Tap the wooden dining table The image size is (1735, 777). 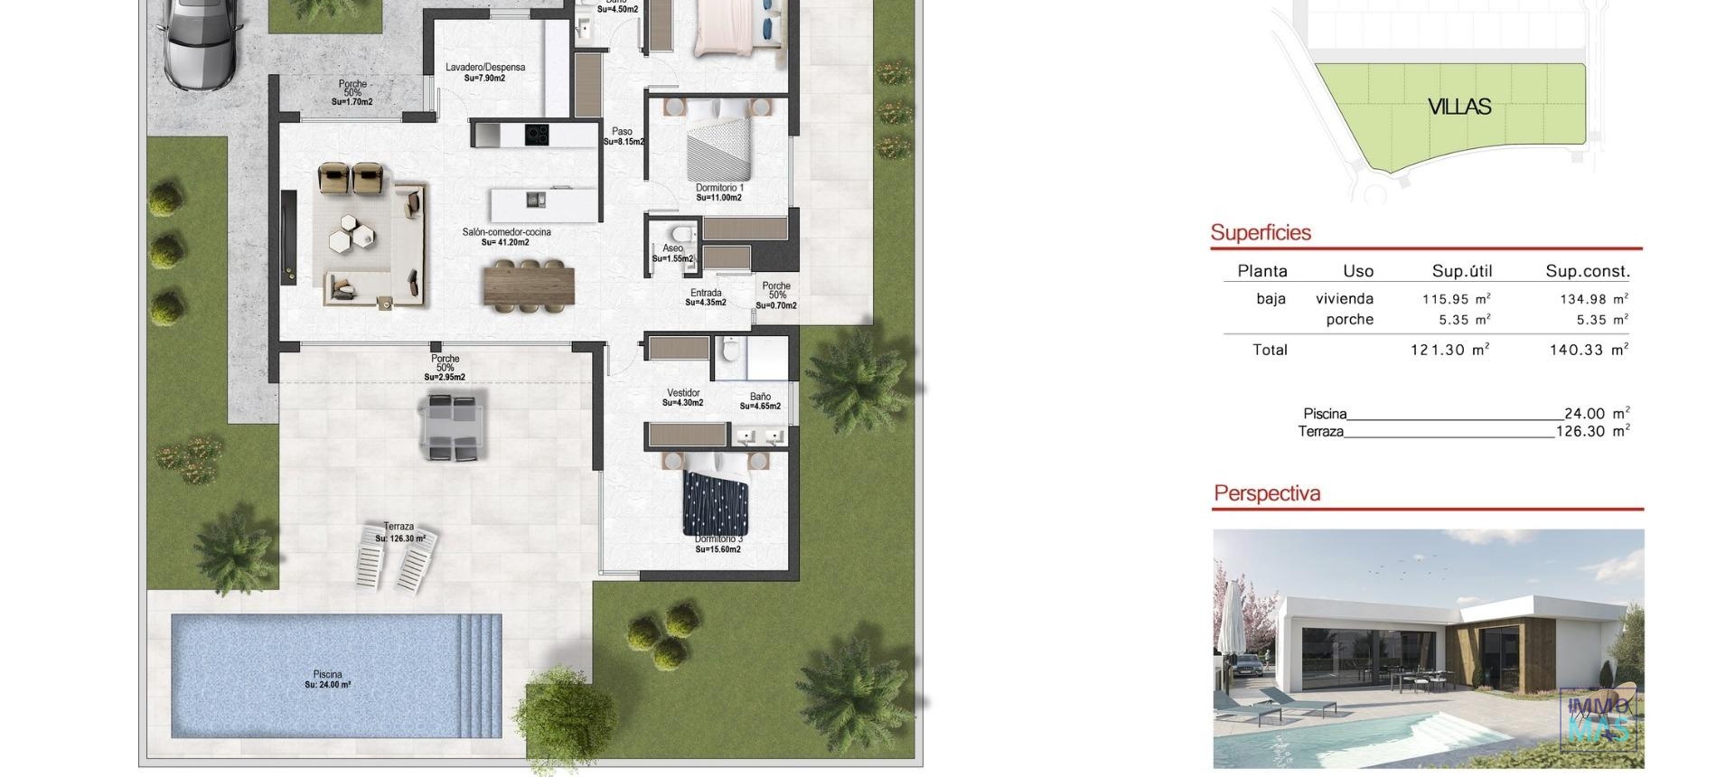pos(529,286)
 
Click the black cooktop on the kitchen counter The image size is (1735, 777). pos(537,135)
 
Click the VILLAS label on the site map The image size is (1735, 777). pos(1458,107)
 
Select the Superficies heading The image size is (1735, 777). pos(1261,232)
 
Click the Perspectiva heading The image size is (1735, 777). pos(1267,493)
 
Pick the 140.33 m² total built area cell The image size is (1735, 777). pos(1589,350)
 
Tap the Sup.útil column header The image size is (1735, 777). pos(1461,271)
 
